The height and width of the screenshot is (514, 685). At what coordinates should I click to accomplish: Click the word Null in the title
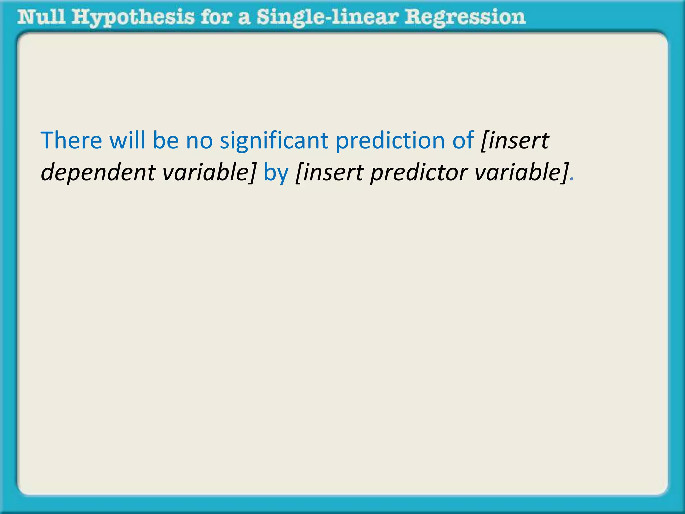click(x=41, y=17)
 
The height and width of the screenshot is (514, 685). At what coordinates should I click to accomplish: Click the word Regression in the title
click(x=465, y=18)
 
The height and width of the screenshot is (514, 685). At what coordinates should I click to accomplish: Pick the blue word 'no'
click(x=199, y=141)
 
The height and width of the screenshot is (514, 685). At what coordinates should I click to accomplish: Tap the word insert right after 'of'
click(x=515, y=141)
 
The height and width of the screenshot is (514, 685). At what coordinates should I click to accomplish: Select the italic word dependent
click(x=98, y=173)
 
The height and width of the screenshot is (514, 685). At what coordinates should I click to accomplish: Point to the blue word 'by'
click(x=276, y=173)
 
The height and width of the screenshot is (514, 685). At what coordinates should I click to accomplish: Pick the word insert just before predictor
click(x=329, y=173)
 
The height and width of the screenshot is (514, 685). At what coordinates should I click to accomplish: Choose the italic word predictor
click(x=418, y=173)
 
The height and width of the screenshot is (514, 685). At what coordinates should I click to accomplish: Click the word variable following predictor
click(x=521, y=173)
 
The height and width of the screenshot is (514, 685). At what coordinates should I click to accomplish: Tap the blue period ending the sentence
click(x=572, y=180)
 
